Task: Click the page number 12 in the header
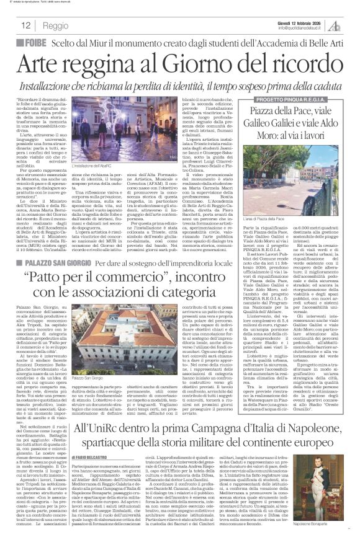(27, 25)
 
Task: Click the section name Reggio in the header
(56, 25)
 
